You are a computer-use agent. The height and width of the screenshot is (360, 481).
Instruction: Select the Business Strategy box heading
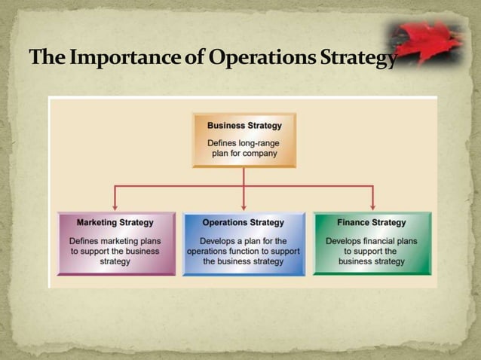244,126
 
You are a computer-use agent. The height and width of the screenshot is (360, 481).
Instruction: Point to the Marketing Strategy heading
115,223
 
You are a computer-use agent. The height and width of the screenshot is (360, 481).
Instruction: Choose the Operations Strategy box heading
244,223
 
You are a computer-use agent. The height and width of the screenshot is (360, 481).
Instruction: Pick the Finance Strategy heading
372,223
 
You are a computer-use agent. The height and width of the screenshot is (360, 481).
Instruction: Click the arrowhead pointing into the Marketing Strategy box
115,206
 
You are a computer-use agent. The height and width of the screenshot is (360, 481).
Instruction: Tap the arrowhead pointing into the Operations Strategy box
244,206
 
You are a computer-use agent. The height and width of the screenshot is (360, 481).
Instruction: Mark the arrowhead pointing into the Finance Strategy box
372,206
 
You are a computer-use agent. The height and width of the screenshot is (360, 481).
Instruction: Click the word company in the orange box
259,153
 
